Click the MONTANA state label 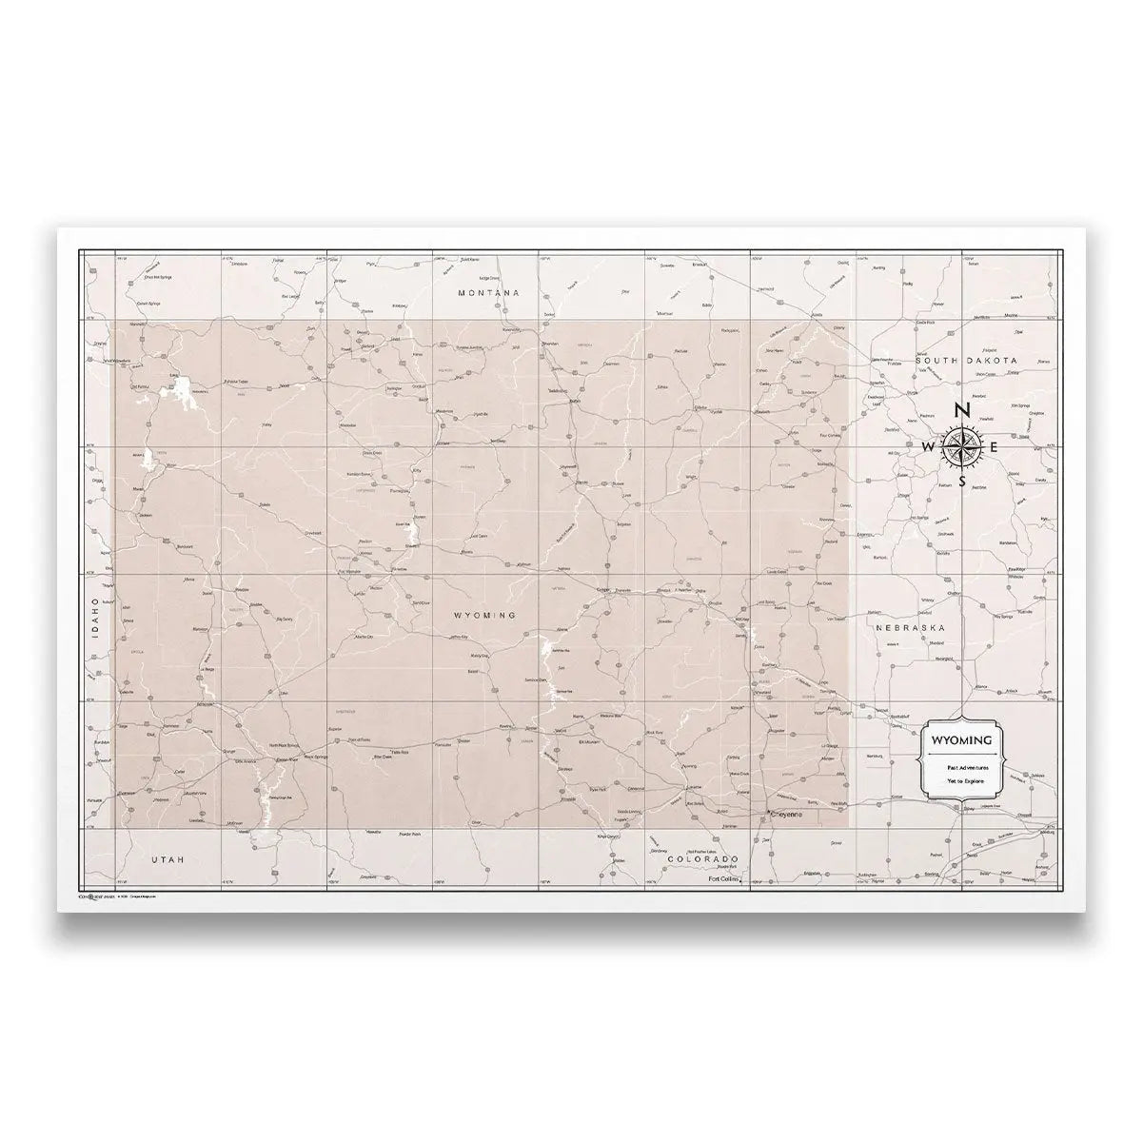[x=489, y=293]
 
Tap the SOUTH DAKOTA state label [x=967, y=361]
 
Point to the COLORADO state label [x=703, y=857]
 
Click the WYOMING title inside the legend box [x=960, y=739]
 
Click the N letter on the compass [x=962, y=411]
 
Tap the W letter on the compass [x=928, y=446]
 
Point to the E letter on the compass [x=995, y=446]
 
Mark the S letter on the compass [x=963, y=481]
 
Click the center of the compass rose [x=962, y=446]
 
